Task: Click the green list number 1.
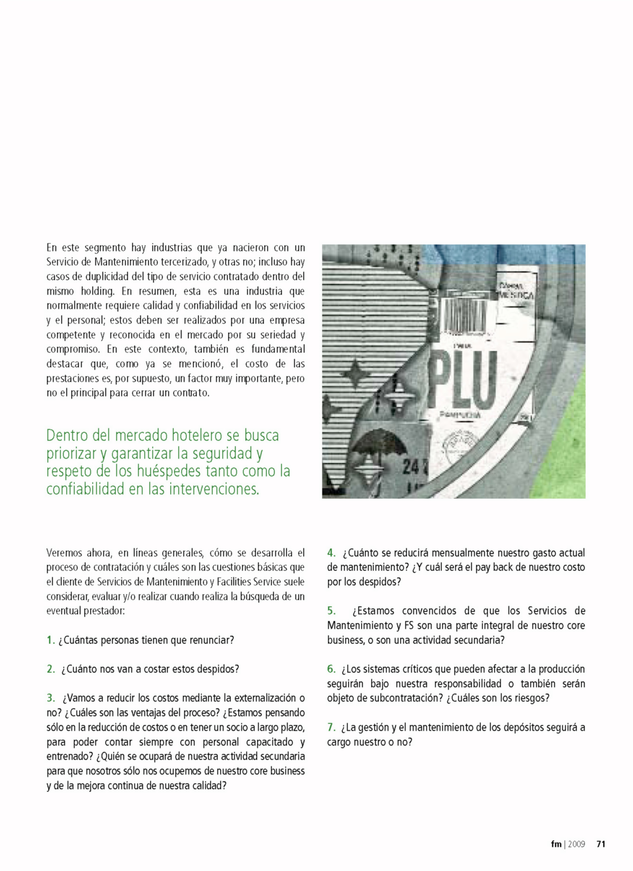[50, 640]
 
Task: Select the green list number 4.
[331, 553]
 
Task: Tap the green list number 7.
[331, 728]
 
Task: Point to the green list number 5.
[331, 611]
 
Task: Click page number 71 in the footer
[601, 844]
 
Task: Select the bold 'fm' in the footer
[556, 844]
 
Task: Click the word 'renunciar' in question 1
[211, 640]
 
